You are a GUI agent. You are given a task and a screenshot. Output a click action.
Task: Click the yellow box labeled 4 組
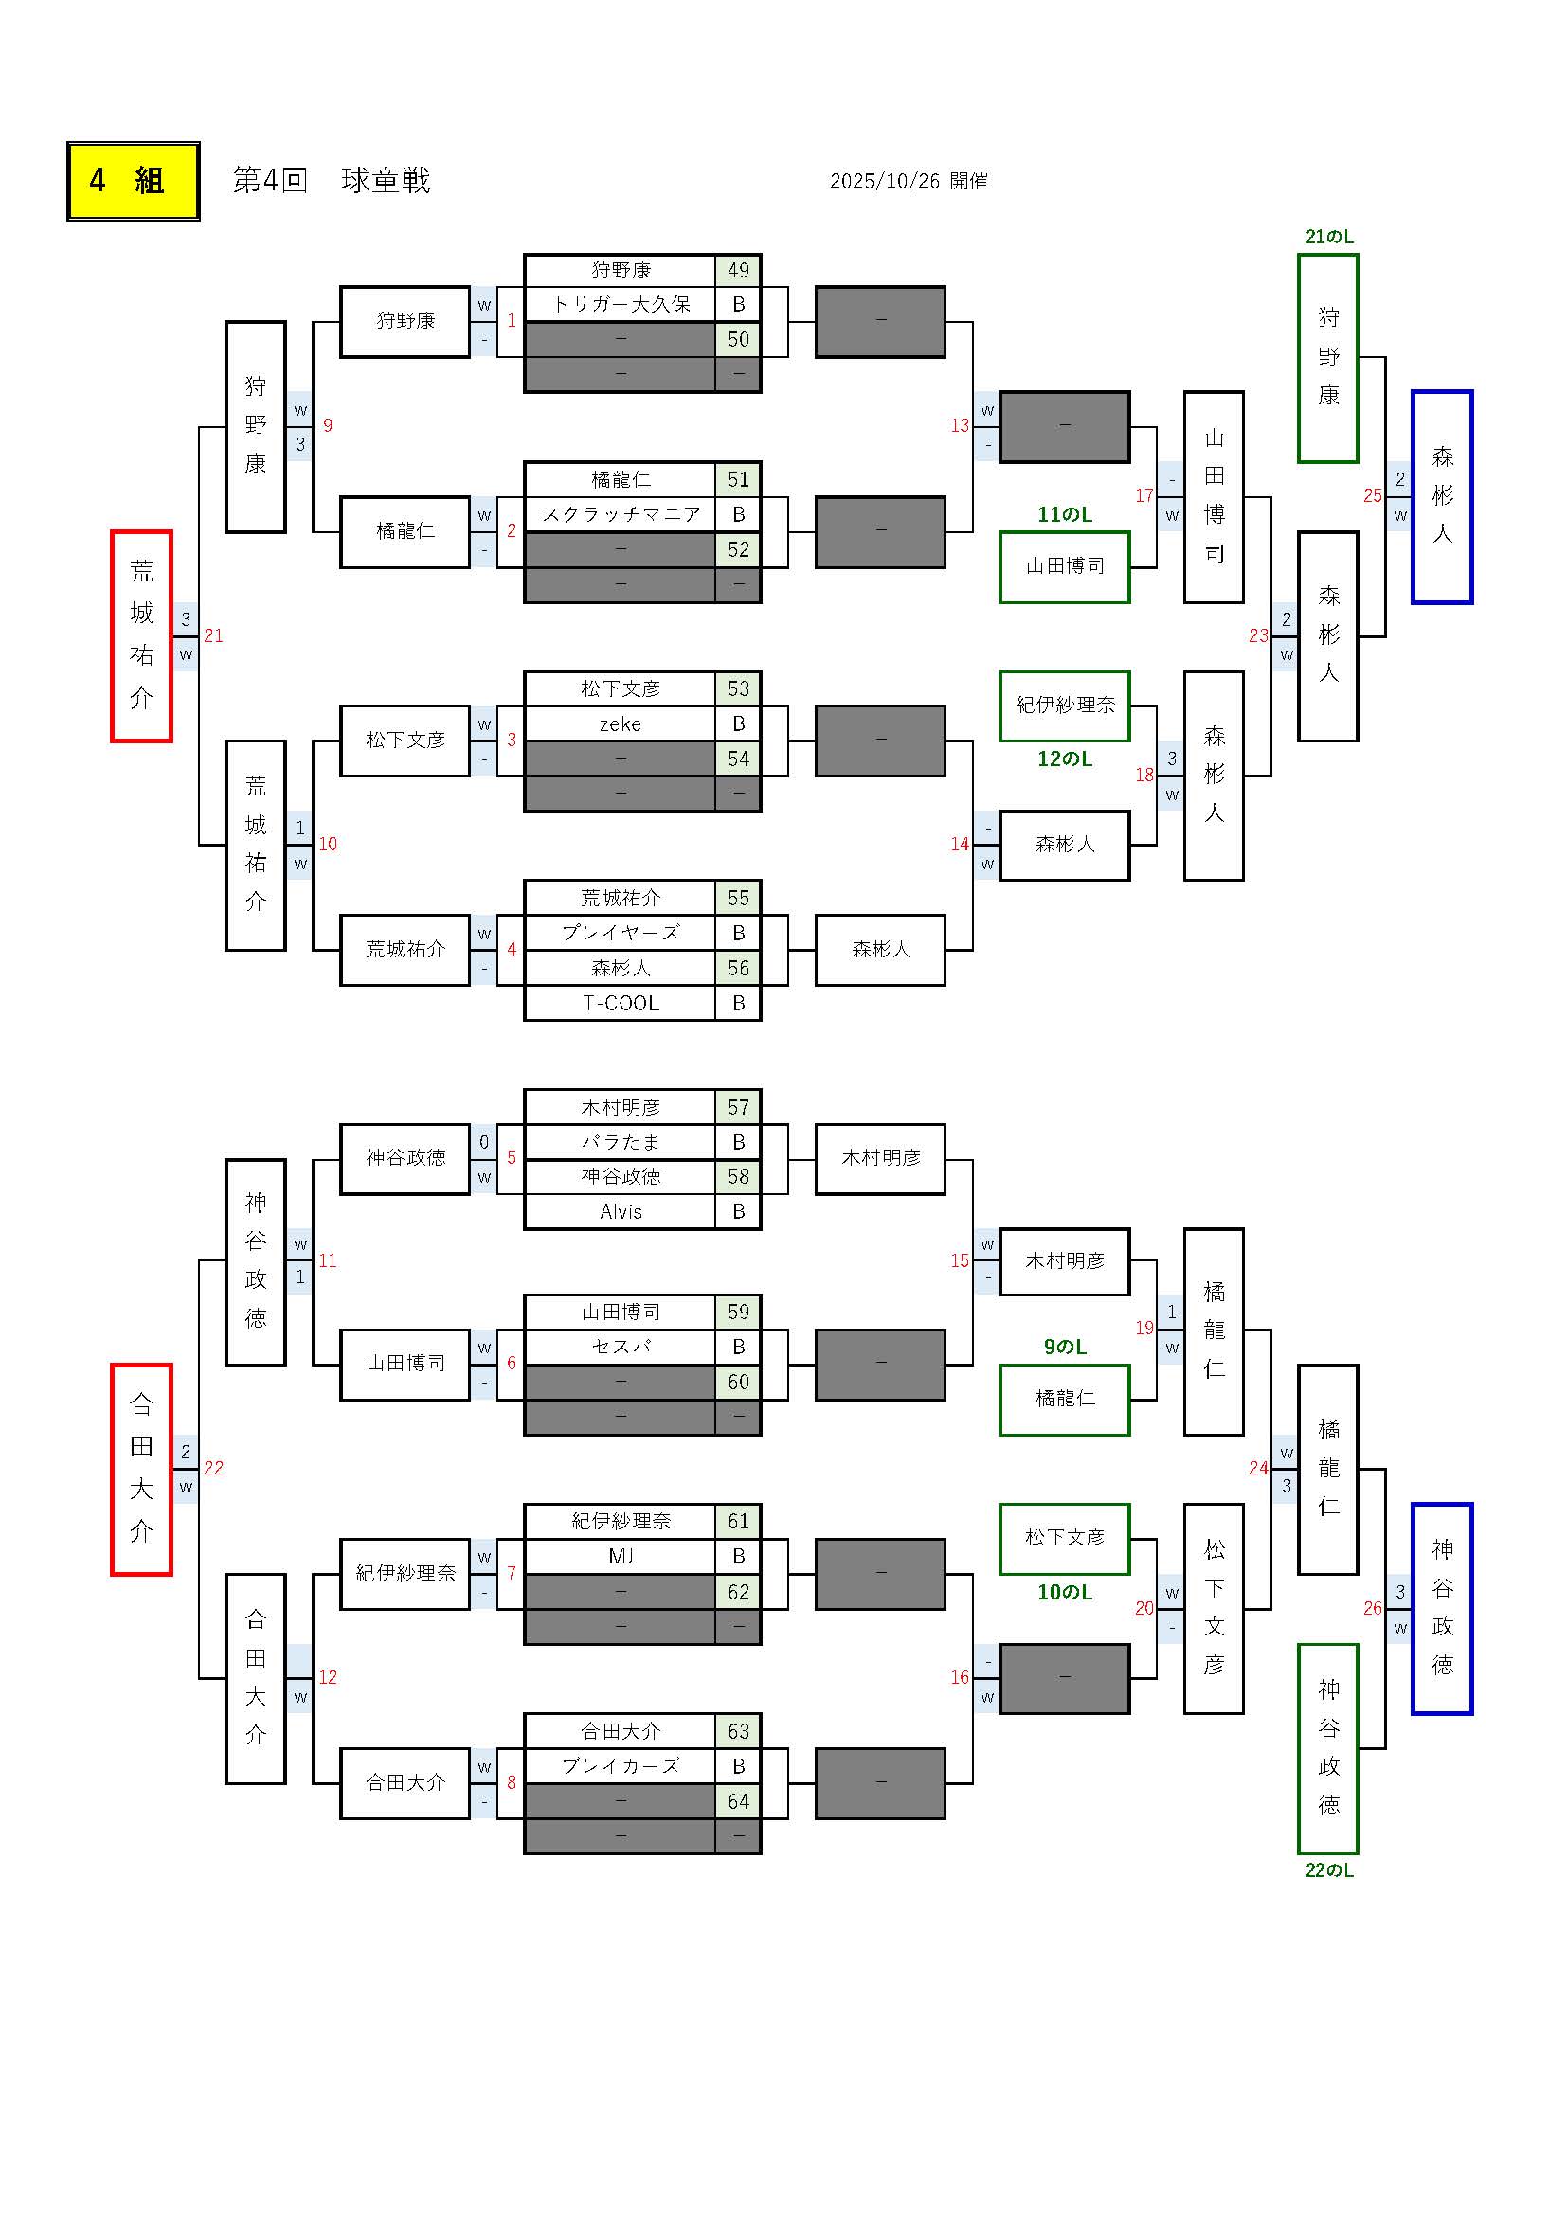pos(134,182)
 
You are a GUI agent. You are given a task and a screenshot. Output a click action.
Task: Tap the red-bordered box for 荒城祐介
pos(141,635)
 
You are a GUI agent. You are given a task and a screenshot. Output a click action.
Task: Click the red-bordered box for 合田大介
pos(141,1469)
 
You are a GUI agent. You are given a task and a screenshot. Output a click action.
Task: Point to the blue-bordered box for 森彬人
pos(1442,497)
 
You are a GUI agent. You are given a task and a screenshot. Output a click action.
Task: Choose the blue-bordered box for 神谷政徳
pos(1442,1608)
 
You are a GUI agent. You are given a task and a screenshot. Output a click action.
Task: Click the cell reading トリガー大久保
pos(621,305)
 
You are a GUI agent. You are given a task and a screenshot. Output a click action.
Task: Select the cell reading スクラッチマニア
pos(621,515)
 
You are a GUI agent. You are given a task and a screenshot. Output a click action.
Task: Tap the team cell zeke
pos(621,724)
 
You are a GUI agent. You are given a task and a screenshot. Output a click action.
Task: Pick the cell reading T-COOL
pos(621,1003)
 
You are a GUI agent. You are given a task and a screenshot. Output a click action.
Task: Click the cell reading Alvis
pos(621,1212)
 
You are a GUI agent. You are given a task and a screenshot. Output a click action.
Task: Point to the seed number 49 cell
pos(738,270)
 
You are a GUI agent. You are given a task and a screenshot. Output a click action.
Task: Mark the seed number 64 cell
pos(738,1801)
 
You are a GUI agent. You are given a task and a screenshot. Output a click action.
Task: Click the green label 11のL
pos(1064,515)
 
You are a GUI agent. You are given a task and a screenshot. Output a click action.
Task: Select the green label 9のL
pos(1064,1347)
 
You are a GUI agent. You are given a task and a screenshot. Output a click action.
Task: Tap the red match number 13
pos(959,425)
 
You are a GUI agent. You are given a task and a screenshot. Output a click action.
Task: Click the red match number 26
pos(1372,1608)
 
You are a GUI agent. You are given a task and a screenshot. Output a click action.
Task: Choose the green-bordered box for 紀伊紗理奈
pos(1064,706)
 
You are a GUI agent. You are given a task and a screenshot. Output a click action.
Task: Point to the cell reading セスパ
pos(621,1347)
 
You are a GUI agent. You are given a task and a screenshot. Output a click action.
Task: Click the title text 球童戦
pos(385,182)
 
